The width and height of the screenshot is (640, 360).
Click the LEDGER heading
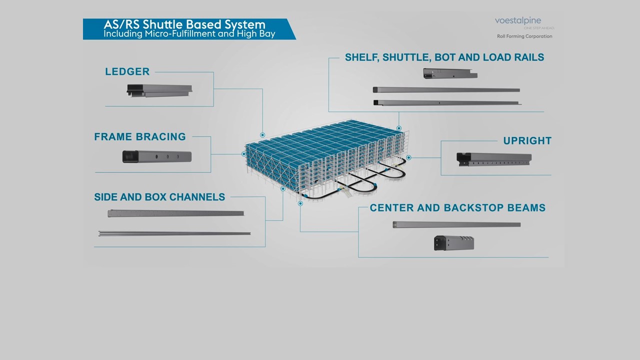pos(127,72)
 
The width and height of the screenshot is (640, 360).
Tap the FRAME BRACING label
pos(139,137)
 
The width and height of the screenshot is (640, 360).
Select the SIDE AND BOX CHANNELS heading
pos(159,197)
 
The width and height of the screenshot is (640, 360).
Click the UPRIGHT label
pos(527,141)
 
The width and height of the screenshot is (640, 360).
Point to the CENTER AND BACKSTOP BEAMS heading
pos(457,208)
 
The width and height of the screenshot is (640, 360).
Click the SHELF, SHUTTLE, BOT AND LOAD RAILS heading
pos(444,57)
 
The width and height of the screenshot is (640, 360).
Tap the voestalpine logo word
pos(517,20)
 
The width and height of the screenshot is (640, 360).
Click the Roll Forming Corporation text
pos(524,36)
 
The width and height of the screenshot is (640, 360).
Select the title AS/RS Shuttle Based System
pos(184,24)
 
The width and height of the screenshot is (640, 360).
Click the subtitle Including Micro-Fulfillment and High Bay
pos(189,34)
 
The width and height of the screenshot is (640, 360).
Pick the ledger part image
pos(159,90)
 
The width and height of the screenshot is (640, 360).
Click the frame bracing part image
pos(157,156)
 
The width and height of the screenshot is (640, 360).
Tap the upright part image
pos(494,159)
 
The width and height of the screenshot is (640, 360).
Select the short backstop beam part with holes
pos(453,243)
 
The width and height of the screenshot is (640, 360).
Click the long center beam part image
pos(456,224)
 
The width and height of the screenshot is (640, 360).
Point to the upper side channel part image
pos(175,213)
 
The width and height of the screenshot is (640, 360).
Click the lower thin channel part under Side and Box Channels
pos(174,233)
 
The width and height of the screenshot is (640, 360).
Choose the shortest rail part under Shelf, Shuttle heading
pos(450,73)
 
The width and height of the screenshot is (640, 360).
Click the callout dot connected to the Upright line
pos(408,157)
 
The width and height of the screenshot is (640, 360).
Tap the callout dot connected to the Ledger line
pos(262,135)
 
